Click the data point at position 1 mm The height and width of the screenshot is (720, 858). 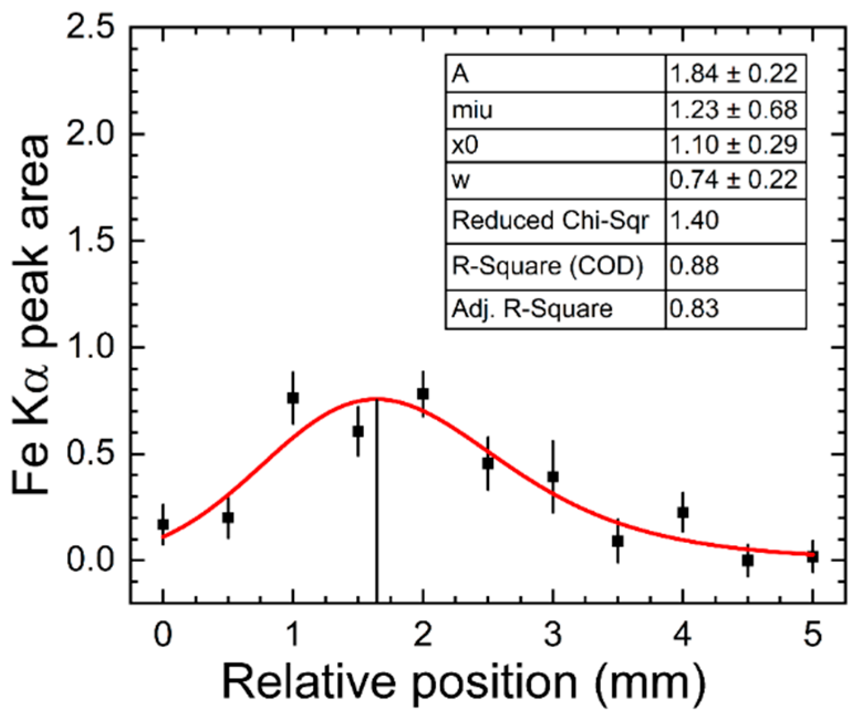293,397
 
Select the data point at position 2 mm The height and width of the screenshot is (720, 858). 423,393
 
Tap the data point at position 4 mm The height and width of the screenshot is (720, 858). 683,512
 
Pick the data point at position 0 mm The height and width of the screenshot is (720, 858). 163,524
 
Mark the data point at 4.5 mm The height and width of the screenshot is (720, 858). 747,560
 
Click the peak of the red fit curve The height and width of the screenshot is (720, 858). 377,398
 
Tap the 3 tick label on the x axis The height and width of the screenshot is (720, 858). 553,634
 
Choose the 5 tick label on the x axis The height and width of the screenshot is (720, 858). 812,634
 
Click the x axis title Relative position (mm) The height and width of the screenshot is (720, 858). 464,682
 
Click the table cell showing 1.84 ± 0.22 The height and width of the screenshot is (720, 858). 734,74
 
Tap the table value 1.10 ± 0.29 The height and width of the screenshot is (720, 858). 734,145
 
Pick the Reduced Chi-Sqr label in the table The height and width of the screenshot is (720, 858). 550,220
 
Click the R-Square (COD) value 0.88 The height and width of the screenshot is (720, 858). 695,266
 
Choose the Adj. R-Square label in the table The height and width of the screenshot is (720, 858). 532,309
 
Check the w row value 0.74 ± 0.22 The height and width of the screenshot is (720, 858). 734,180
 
